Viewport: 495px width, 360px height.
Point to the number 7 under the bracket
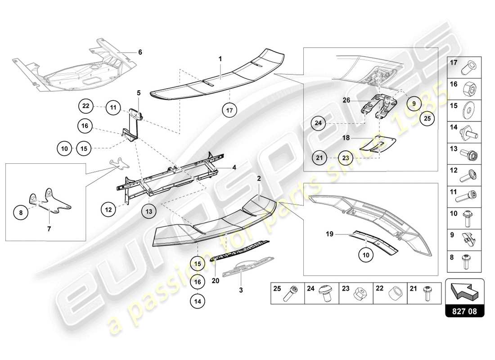(49, 229)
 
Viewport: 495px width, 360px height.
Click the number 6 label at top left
(140, 52)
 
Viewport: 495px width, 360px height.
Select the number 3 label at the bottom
(241, 290)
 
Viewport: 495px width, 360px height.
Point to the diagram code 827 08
(464, 311)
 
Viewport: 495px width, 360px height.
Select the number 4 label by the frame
(234, 168)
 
